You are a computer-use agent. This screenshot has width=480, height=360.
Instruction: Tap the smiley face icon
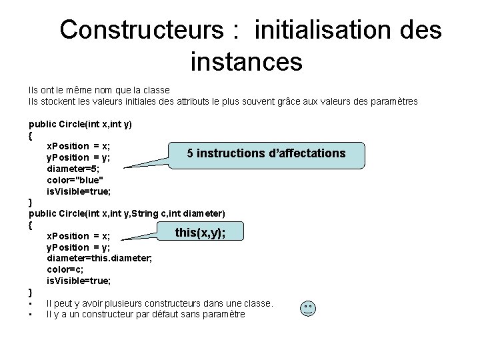[308, 309]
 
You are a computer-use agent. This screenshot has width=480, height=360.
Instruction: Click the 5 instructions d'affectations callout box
[267, 153]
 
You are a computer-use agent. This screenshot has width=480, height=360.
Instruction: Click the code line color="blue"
[75, 180]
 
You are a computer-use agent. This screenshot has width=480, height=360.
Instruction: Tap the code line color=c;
[64, 269]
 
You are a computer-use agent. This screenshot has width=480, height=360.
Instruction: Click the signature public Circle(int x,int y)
[80, 123]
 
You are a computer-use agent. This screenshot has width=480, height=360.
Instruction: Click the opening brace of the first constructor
[31, 135]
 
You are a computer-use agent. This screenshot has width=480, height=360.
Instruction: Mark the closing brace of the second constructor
[31, 292]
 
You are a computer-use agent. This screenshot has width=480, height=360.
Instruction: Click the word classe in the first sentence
[157, 89]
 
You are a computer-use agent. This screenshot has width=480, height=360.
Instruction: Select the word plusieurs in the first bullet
[133, 303]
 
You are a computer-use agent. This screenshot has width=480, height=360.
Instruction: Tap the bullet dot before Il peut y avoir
[31, 304]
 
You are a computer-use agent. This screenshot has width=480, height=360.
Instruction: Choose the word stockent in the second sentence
[57, 101]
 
